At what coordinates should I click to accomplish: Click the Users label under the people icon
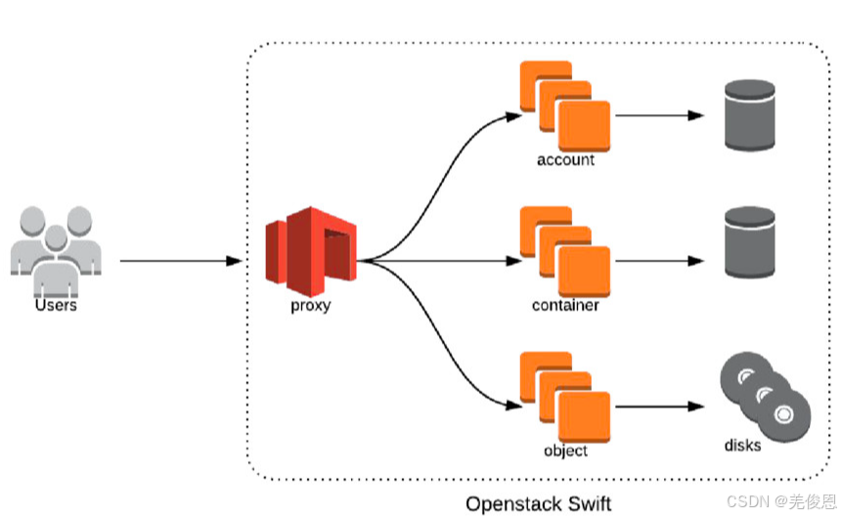56,305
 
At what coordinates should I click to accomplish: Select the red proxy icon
311,251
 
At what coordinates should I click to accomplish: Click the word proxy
311,306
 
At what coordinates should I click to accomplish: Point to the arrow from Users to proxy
181,261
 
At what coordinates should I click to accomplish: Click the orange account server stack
565,107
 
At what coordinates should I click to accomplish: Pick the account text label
566,159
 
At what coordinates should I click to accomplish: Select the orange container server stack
565,251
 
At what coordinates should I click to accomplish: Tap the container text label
565,305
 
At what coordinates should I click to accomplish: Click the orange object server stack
565,397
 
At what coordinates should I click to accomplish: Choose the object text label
565,451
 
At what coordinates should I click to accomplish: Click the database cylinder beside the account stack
749,115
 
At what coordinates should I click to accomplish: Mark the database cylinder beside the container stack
749,242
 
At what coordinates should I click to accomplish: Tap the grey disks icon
766,397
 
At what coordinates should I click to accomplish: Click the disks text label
742,446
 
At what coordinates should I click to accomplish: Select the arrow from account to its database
659,115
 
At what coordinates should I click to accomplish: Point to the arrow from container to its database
659,261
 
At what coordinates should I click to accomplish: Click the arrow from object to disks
659,407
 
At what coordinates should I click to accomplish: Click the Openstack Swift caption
539,504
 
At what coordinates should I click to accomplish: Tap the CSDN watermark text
781,501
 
